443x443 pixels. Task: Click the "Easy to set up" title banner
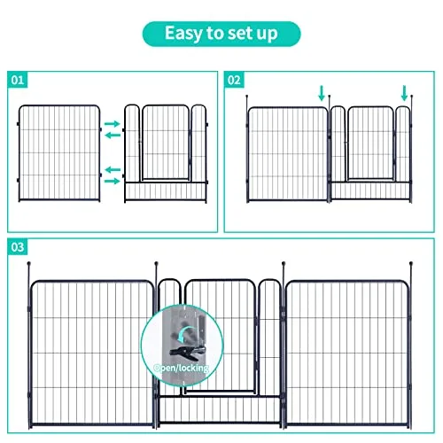pos(221,34)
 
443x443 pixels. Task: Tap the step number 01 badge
pos(18,80)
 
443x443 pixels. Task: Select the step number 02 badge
pos(234,80)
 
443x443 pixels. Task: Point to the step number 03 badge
pos(18,247)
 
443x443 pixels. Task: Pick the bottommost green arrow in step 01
pos(113,180)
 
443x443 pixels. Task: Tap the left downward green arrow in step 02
pos(322,92)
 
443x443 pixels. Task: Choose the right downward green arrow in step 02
pos(404,92)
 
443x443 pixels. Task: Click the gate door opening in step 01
pos(167,142)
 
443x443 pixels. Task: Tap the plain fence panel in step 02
pos(287,152)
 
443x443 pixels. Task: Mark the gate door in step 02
pos(369,142)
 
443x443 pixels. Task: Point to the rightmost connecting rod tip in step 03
pos(412,264)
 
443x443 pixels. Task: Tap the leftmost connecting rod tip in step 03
pos(30,263)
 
